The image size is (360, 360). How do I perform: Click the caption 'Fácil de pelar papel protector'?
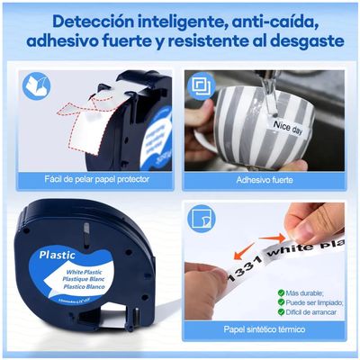pos(96,179)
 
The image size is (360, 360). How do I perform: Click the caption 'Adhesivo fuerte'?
pos(265,179)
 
